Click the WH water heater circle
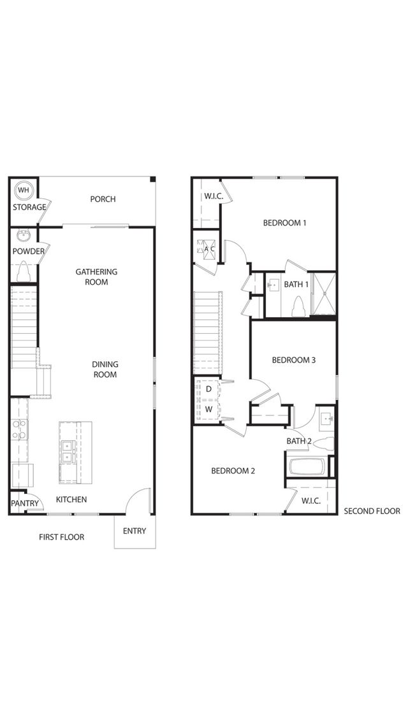pyautogui.click(x=23, y=190)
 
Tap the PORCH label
pyautogui.click(x=103, y=199)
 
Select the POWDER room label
pyautogui.click(x=28, y=252)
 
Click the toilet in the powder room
pyautogui.click(x=23, y=272)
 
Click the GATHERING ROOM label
pyautogui.click(x=97, y=277)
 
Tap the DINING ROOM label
pyautogui.click(x=105, y=370)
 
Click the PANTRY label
pyautogui.click(x=25, y=503)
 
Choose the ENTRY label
pyautogui.click(x=135, y=531)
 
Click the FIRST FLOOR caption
pyautogui.click(x=62, y=537)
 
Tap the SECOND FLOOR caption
pyautogui.click(x=372, y=511)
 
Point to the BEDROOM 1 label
pyautogui.click(x=285, y=223)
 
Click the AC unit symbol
pyautogui.click(x=206, y=249)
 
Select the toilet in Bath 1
pyautogui.click(x=298, y=306)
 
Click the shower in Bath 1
pyautogui.click(x=324, y=294)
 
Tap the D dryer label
pyautogui.click(x=208, y=389)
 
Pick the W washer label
pyautogui.click(x=209, y=409)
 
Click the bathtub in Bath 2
pyautogui.click(x=308, y=466)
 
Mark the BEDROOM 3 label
pyautogui.click(x=294, y=360)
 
